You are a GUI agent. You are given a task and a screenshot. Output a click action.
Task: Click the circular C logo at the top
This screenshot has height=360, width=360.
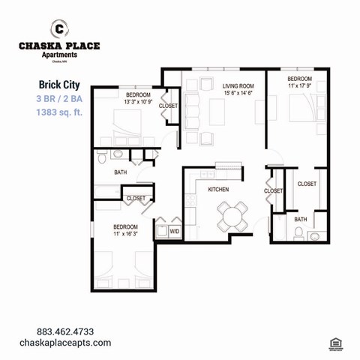(59, 29)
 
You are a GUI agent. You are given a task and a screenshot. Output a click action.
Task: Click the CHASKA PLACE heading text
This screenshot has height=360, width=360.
(59, 46)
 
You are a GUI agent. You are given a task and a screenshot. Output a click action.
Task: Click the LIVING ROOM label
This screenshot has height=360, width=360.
(238, 87)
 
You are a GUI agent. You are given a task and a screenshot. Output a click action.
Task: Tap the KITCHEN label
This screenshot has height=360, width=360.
(218, 190)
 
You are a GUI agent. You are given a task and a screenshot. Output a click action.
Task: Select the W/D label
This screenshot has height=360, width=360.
(174, 232)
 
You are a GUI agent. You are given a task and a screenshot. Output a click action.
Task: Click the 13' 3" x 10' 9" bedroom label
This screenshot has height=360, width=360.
(138, 99)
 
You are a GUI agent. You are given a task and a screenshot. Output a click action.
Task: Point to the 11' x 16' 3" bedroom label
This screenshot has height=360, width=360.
(125, 231)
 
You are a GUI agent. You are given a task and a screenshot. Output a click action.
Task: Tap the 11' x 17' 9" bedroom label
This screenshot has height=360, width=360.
(298, 83)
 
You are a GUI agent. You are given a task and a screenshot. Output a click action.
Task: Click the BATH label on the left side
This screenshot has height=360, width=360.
(120, 172)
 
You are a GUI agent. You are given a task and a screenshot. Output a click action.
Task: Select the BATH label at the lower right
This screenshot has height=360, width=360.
(300, 219)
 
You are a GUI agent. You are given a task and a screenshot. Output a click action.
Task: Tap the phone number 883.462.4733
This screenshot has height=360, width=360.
(65, 331)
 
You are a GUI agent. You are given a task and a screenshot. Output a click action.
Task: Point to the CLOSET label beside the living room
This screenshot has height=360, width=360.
(168, 106)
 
